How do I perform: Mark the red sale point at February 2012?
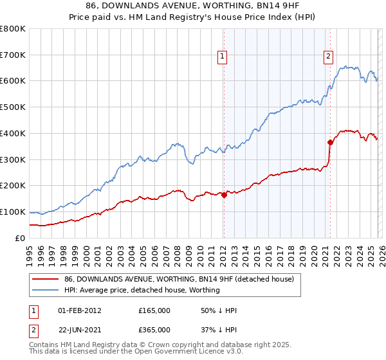coord(224,195)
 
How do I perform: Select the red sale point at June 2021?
coord(330,142)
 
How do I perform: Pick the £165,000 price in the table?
coord(154,310)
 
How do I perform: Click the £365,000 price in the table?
coord(154,330)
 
